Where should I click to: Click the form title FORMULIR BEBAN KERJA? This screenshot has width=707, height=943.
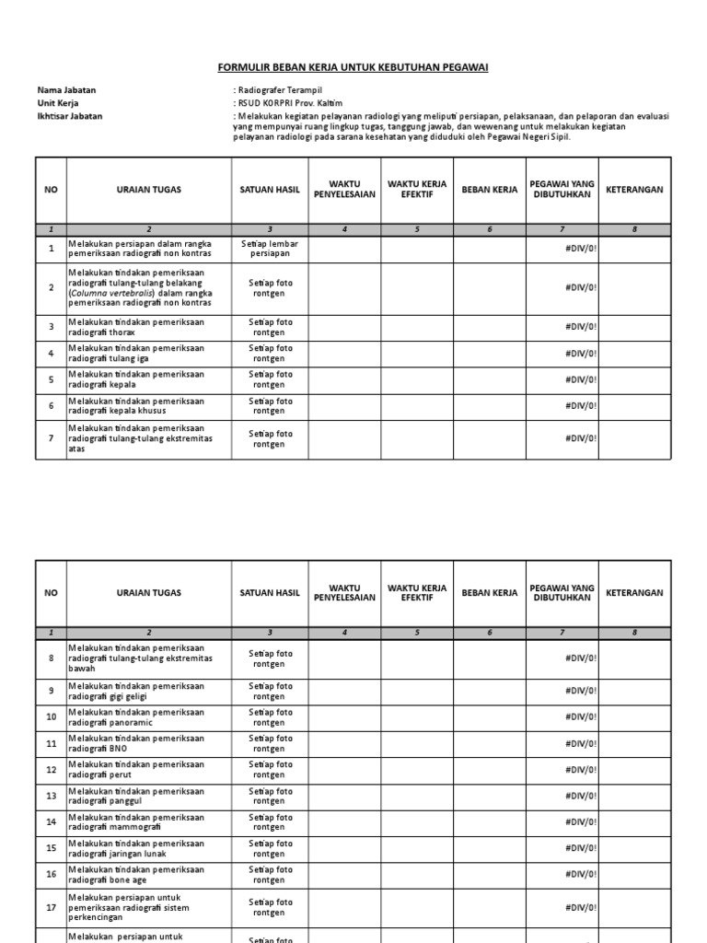tap(353, 67)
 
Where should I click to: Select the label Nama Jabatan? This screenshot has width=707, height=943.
tap(66, 90)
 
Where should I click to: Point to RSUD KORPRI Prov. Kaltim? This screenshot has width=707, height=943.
tap(289, 103)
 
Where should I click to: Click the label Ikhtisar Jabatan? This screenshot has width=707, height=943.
tap(70, 116)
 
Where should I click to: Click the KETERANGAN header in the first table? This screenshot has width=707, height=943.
tap(634, 190)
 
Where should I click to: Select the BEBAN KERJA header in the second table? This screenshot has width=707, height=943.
tap(490, 593)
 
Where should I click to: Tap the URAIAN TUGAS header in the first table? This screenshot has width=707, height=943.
tap(149, 190)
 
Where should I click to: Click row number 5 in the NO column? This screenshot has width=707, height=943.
tap(52, 379)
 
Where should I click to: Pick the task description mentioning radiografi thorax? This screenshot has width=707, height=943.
tap(136, 327)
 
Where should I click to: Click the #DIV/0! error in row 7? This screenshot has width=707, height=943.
tap(581, 438)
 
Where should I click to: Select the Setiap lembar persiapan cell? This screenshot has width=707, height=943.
tap(270, 249)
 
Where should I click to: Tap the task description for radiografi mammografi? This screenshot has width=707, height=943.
tap(136, 821)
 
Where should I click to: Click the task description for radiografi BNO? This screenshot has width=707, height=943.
tap(136, 744)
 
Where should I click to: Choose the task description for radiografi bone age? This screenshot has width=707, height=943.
tap(136, 874)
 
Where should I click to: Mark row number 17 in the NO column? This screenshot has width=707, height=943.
tap(52, 907)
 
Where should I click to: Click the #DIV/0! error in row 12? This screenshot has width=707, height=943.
tap(581, 770)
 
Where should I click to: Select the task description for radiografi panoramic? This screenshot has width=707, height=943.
tap(136, 717)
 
